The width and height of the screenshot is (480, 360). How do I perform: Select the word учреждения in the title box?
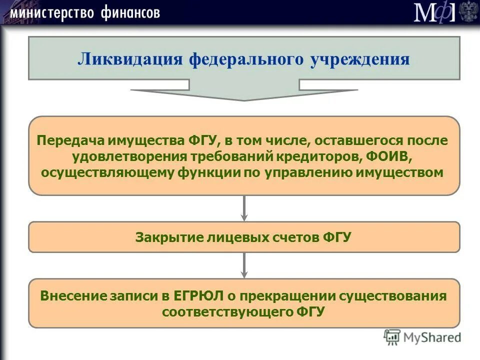tap(359, 59)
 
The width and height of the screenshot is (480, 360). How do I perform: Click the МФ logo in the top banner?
tap(434, 12)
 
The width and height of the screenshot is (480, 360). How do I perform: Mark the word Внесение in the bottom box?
tap(74, 295)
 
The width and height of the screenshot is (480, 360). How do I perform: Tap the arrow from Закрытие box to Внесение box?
tap(244, 265)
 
